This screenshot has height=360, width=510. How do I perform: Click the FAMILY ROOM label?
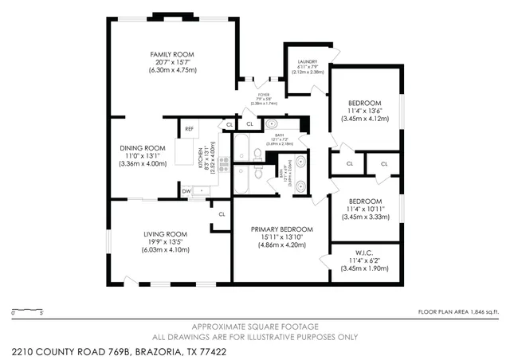click(172, 54)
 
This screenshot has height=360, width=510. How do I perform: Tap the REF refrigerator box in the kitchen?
click(189, 129)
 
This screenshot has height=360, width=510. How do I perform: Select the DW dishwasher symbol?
click(186, 191)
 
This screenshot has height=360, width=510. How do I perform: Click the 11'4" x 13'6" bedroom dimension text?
click(365, 111)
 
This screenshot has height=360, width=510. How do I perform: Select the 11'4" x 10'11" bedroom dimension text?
click(365, 209)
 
